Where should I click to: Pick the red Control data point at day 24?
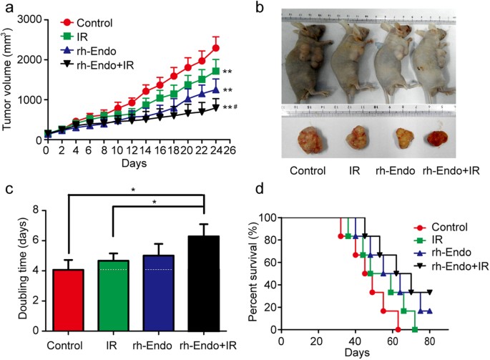pos(216,48)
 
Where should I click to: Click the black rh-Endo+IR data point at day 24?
pos(216,108)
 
